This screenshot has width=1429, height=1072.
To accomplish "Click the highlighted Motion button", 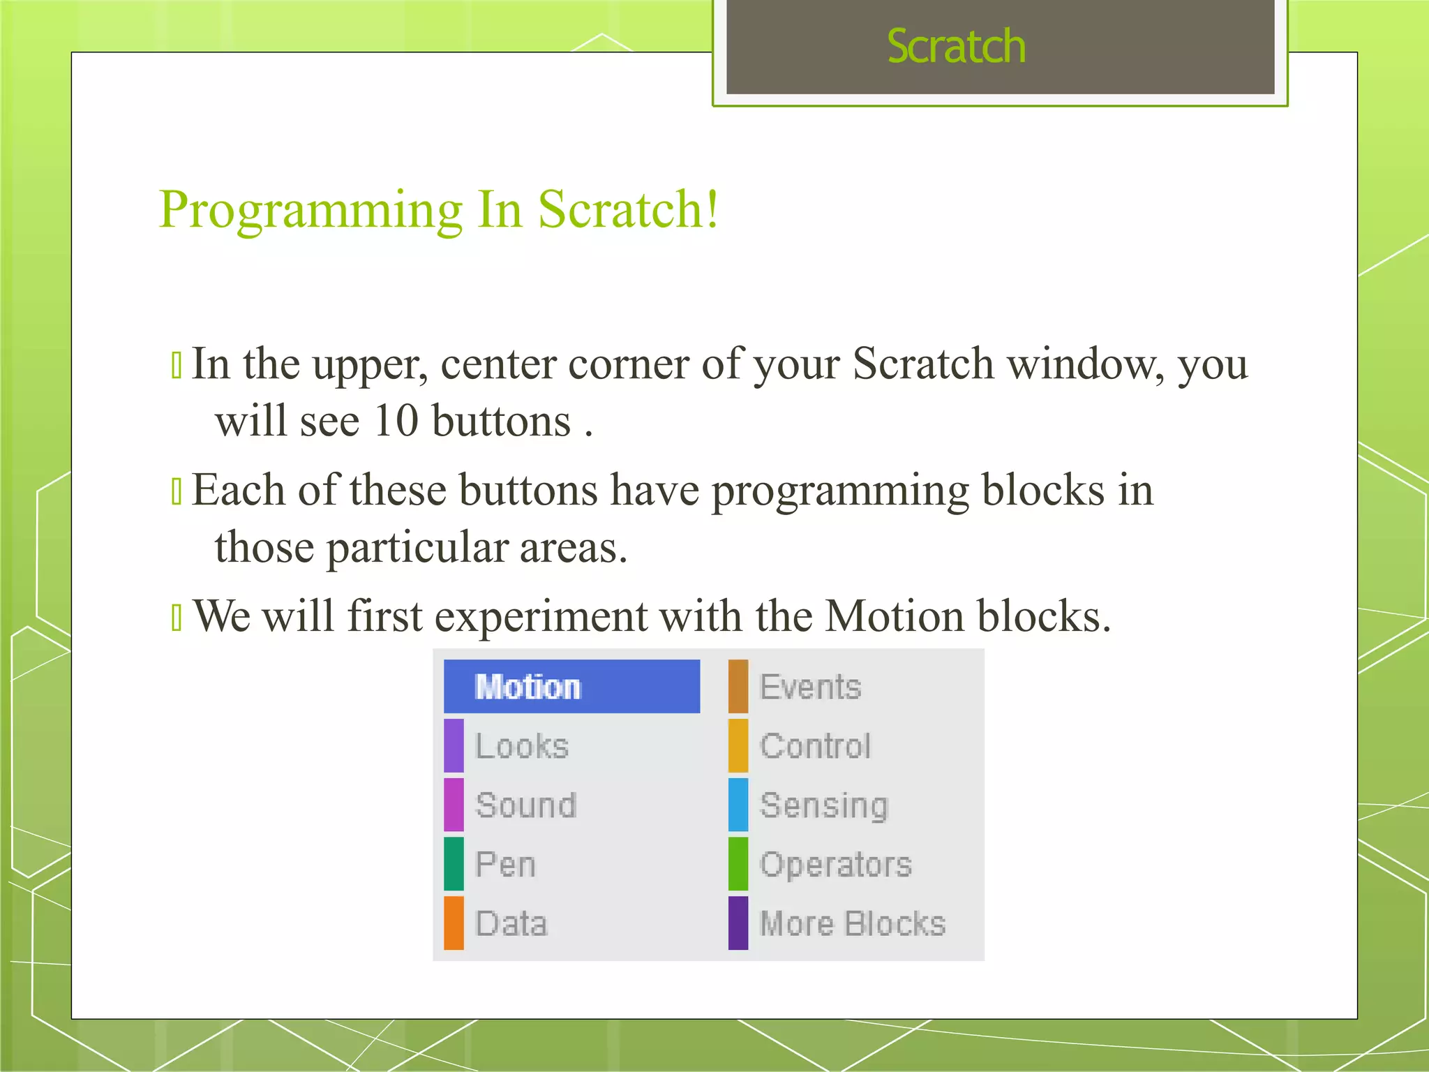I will coord(571,687).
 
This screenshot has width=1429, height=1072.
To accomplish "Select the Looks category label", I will coord(522,746).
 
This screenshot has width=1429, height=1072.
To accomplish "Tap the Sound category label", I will coord(526,805).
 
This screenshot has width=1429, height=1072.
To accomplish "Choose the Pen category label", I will coord(505,865).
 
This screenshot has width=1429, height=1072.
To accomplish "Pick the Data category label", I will coord(511,924).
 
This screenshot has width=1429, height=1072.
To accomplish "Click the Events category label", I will coord(810,687).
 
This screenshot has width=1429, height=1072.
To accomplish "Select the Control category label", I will coord(815,746).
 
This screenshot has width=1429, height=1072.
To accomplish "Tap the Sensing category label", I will coord(823,805).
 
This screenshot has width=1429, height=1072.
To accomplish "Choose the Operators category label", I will coord(836,865).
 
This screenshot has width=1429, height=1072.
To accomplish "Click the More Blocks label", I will coord(853,924).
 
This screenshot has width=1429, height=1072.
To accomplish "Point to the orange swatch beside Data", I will coord(454,923).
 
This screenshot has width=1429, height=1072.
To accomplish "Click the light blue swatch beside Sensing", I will coord(738,805).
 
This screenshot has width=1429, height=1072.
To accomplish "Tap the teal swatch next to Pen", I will coord(454,864).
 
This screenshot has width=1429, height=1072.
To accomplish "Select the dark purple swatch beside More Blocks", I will coord(738,923).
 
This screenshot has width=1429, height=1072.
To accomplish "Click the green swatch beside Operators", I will coord(738,864).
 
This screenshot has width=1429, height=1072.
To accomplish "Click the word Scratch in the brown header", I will coord(956,47).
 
